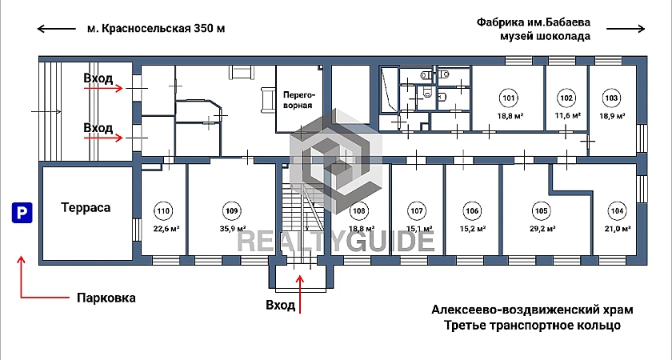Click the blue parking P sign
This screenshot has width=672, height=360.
22,213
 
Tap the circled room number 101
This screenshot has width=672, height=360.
508,98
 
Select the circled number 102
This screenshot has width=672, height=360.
566,98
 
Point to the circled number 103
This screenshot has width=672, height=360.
610,98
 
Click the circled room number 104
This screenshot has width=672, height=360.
616,211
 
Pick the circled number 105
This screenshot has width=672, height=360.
541,211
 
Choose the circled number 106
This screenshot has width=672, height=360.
472,211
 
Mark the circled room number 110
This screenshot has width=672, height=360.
163,211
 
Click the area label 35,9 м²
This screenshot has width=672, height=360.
233,229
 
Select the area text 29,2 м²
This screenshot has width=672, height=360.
542,229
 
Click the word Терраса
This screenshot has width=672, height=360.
86,208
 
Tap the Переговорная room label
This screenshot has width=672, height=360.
299,99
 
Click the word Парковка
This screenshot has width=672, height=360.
106,298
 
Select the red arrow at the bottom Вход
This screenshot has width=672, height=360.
300,294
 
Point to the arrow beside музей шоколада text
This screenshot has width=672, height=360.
626,29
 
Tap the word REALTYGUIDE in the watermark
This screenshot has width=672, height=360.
335,241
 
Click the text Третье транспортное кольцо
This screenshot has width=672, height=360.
532,326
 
